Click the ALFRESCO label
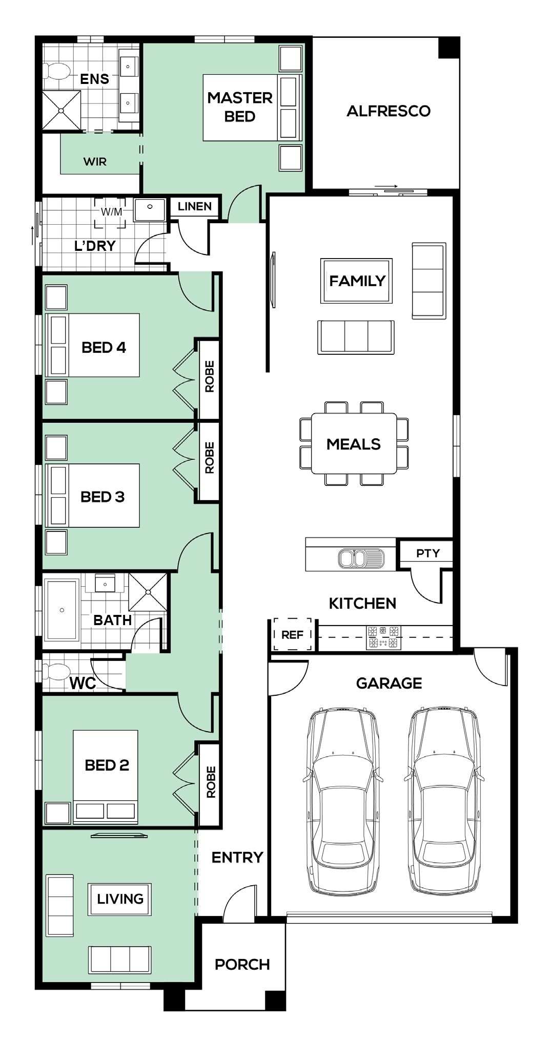click(x=388, y=111)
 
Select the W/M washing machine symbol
click(x=110, y=212)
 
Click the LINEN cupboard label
click(x=195, y=206)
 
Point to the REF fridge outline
click(x=292, y=634)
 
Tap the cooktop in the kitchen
click(x=384, y=637)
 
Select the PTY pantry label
click(x=428, y=553)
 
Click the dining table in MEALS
click(x=354, y=443)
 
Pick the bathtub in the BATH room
click(x=62, y=610)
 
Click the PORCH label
click(x=242, y=965)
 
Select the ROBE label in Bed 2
click(x=211, y=782)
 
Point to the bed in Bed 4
click(x=93, y=345)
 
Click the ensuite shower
click(x=62, y=110)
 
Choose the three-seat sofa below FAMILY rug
click(x=356, y=337)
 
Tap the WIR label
click(x=95, y=162)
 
